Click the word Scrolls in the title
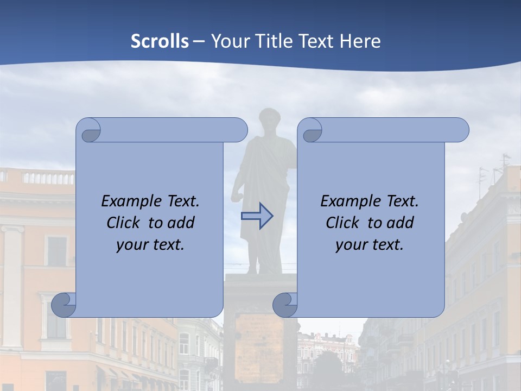coord(160,41)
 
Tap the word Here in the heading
coord(360,41)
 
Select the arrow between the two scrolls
coord(257,216)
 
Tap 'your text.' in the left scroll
coord(150,244)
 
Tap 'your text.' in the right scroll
coord(370,244)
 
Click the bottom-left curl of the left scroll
coord(64,304)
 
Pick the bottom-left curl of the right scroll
coord(285,304)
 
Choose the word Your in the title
coord(228,41)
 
